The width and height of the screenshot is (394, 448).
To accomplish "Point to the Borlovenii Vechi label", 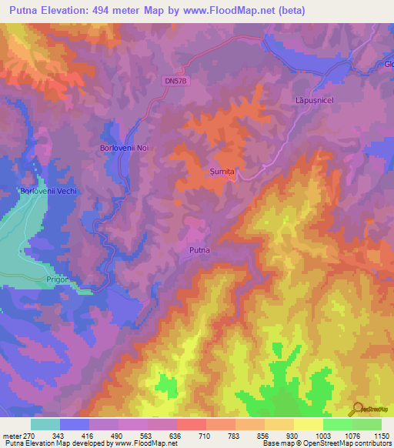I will (x=48, y=190).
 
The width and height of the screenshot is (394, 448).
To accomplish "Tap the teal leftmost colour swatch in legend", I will (x=45, y=424).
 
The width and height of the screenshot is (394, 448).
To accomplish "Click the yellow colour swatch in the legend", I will (x=309, y=424).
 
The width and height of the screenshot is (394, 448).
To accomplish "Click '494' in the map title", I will (x=108, y=11).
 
